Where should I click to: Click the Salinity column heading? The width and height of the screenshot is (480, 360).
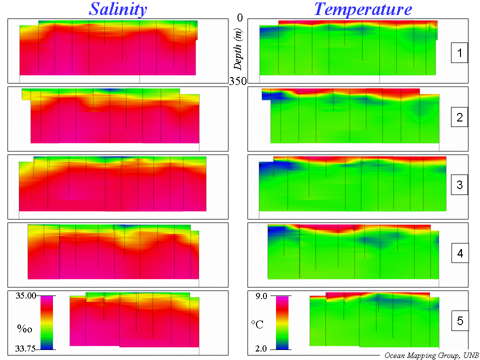click(x=118, y=9)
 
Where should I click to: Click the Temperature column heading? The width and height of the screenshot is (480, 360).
click(x=363, y=9)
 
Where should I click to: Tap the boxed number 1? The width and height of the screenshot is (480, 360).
click(x=459, y=52)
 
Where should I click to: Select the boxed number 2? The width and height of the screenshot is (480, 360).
click(x=459, y=118)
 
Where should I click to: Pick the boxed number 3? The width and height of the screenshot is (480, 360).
click(x=459, y=186)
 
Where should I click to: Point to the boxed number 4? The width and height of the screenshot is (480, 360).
click(x=459, y=254)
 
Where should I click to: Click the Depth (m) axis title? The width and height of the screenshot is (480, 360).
click(x=238, y=49)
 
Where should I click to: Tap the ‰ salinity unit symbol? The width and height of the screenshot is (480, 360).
click(x=24, y=328)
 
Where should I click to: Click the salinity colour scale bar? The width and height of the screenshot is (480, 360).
click(x=46, y=322)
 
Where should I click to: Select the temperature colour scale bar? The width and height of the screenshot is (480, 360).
click(x=282, y=322)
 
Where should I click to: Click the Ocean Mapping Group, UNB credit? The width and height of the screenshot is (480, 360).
click(x=430, y=355)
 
